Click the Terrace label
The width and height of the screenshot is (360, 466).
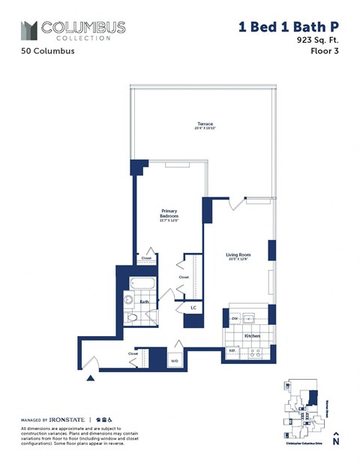tap(205, 124)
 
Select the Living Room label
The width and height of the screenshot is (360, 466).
tap(238, 255)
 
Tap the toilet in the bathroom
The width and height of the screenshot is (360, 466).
tap(133, 318)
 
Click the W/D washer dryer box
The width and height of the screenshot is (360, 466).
tap(175, 359)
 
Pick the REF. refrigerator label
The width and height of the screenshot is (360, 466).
tap(232, 350)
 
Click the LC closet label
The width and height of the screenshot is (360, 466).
tap(193, 308)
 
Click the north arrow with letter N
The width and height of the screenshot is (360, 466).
tap(336, 438)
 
